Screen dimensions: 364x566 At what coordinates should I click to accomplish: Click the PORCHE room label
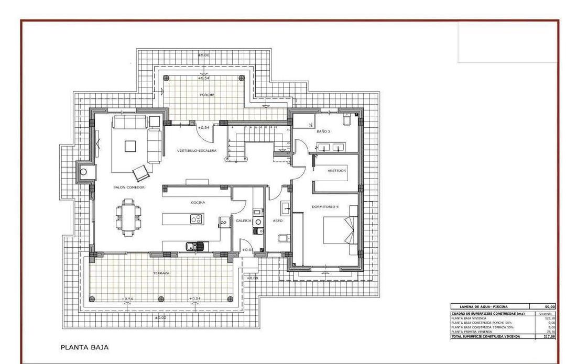coord(207,95)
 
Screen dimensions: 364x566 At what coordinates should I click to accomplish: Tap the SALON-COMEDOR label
coord(129,187)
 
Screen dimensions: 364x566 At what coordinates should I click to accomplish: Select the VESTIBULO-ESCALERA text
coord(197,150)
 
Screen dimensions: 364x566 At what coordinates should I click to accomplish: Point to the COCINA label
coord(198,202)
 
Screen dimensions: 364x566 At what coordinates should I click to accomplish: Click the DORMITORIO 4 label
coord(325,206)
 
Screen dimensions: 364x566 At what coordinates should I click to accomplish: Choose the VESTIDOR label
coord(336,170)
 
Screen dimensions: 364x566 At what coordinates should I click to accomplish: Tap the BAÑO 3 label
coord(323,132)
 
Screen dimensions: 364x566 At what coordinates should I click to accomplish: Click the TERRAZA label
coord(161,273)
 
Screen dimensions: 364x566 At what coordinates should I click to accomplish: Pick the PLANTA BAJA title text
coord(85,347)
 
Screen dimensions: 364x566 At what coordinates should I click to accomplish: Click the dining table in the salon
coord(129,215)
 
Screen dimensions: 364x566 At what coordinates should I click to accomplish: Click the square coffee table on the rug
coord(130,146)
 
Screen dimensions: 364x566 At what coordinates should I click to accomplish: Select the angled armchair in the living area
coord(140,172)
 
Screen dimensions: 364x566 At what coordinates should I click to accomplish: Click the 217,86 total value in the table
coord(549,337)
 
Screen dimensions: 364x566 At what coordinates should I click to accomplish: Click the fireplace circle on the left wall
coord(83,171)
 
